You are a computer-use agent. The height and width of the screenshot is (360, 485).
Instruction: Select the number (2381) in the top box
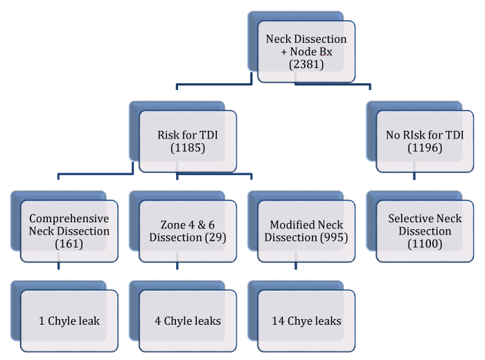coord(306,65)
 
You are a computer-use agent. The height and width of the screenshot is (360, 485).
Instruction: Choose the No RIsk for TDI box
coord(425,141)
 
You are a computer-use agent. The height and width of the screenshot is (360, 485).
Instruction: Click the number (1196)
coord(425,148)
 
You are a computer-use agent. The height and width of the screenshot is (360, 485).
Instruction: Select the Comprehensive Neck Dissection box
coord(69,231)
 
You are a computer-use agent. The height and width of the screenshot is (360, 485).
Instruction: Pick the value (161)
coord(69,244)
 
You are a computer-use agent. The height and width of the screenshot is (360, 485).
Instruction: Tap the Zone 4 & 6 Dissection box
coord(188,231)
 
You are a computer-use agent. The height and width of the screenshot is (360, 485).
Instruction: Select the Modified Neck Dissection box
coord(306,231)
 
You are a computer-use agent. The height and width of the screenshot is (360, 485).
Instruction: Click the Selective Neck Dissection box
coord(425,231)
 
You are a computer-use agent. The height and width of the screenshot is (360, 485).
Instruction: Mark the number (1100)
coord(425,244)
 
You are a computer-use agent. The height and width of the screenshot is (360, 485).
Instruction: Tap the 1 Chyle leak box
coord(69,321)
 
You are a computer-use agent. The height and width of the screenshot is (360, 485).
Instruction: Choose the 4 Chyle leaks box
coord(188,321)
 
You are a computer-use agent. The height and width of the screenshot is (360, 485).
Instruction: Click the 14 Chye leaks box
coord(306,321)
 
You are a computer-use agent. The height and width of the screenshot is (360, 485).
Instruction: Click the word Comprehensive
coord(69,219)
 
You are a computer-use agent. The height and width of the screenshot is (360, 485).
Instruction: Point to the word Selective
coord(407,219)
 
